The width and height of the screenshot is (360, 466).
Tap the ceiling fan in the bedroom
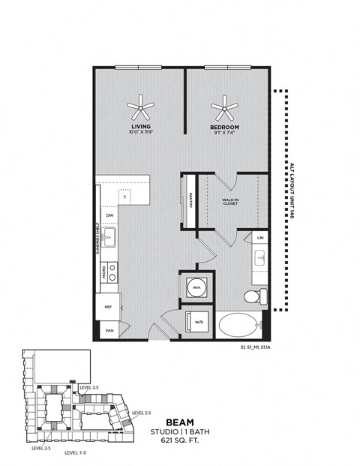point(223,111)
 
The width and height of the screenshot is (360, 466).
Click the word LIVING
point(139,128)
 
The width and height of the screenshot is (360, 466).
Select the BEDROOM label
point(223,128)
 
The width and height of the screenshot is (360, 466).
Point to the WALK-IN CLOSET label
point(231,202)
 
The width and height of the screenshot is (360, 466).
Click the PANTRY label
point(192,200)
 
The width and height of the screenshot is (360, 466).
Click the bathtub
point(236,326)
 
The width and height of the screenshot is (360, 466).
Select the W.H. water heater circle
point(196,287)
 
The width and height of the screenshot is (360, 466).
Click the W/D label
point(199,323)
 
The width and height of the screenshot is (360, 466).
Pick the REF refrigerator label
point(108,306)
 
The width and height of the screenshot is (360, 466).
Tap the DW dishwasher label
point(109,215)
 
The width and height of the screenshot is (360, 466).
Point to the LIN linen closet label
point(260,238)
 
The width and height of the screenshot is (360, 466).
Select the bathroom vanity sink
point(259,260)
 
